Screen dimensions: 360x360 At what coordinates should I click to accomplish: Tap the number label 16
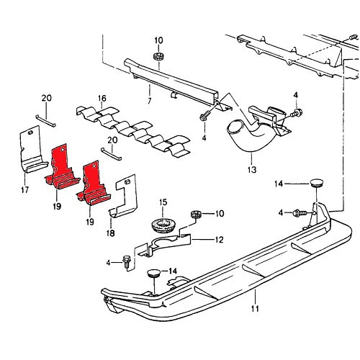[102, 99]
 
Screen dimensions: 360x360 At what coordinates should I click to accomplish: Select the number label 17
[25, 191]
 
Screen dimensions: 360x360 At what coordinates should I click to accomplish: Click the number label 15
[163, 202]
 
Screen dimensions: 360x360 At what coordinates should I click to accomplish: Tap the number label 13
[251, 171]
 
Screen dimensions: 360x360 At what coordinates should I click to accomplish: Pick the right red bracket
[93, 185]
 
